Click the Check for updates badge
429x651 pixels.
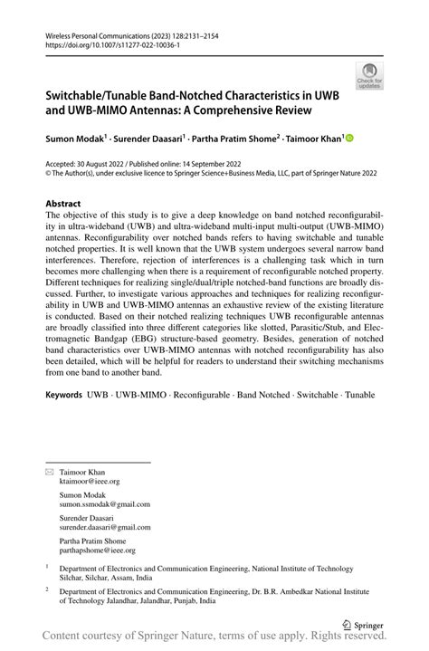click(368, 75)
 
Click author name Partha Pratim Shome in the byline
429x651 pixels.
click(239, 139)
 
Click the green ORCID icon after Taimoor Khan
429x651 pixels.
click(348, 139)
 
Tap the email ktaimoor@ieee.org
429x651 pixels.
click(90, 482)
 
